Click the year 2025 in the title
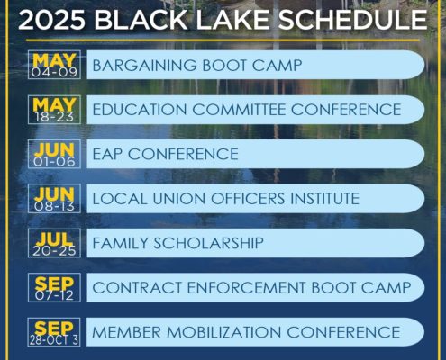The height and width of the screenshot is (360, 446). coord(51,20)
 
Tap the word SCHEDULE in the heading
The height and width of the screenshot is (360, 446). coord(352,20)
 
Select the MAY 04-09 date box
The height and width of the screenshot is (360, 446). coord(54,65)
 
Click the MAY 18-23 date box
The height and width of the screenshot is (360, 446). coord(54,110)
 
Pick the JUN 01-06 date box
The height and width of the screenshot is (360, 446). coord(54,154)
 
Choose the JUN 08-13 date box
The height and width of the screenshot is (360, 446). coord(54,199)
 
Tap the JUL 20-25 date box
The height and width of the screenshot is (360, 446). coord(54,243)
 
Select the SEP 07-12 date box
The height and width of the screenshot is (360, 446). coord(54,288)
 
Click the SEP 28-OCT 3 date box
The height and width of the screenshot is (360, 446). coord(54,332)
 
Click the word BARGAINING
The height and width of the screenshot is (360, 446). coord(145,66)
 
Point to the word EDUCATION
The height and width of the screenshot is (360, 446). coord(140,110)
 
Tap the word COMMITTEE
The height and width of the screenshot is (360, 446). coord(239,110)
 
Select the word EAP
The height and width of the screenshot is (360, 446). coord(107,154)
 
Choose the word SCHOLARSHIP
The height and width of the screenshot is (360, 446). coord(208,243)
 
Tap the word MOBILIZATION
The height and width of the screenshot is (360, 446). coord(223,332)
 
